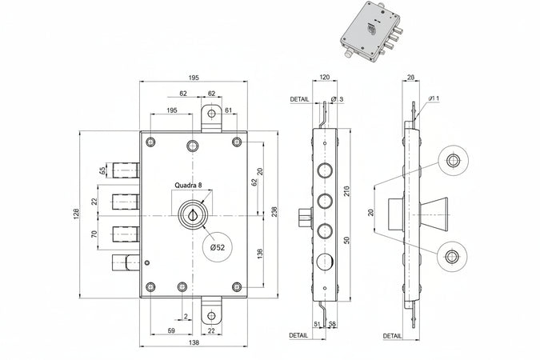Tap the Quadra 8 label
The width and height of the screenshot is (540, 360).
(188, 184)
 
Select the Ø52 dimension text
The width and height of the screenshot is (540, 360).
(216, 248)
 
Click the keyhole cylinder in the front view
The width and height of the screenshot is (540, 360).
(193, 214)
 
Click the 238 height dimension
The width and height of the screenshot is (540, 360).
(274, 211)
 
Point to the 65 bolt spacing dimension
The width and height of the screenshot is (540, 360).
(102, 170)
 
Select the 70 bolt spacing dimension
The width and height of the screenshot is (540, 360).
(94, 235)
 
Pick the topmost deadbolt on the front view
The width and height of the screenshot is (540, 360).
(126, 170)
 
